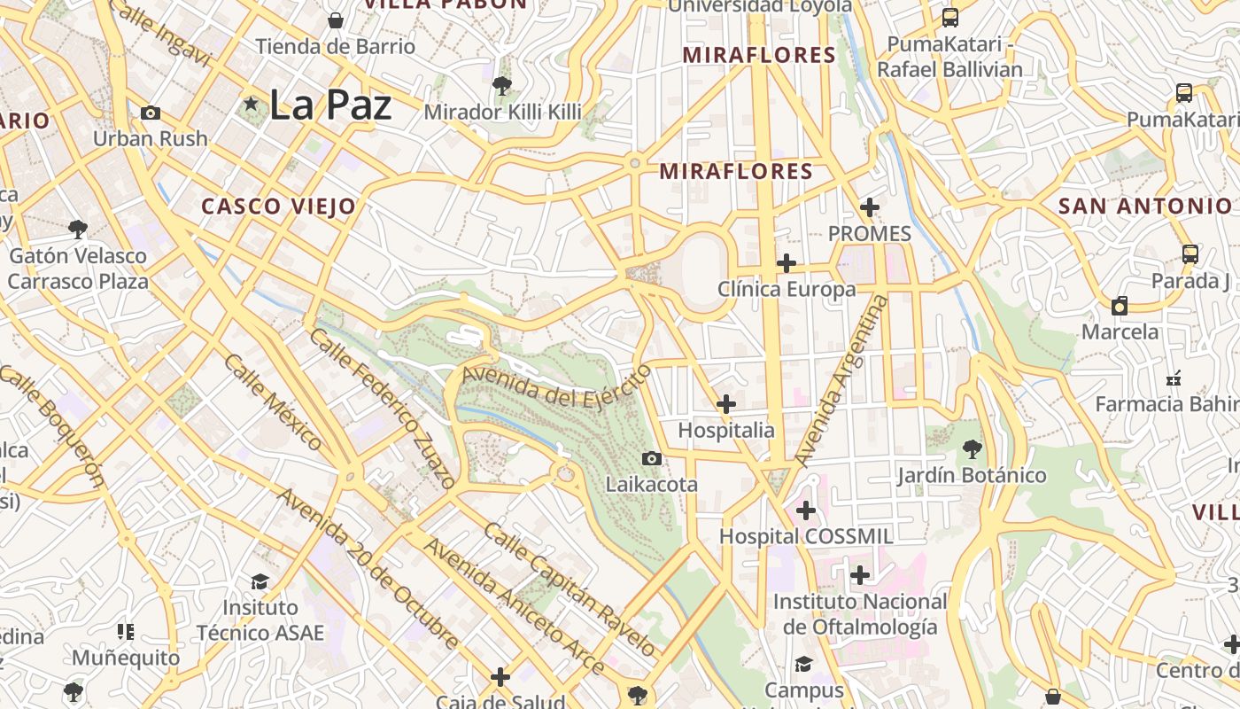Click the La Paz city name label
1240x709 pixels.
click(329, 105)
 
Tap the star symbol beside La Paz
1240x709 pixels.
click(252, 105)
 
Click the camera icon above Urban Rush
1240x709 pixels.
click(151, 113)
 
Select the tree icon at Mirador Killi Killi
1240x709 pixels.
click(502, 86)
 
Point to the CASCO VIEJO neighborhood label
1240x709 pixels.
click(278, 206)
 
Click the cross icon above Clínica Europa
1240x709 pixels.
click(787, 263)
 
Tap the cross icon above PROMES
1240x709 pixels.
click(870, 207)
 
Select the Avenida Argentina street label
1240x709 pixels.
click(841, 381)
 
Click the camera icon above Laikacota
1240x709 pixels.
click(652, 458)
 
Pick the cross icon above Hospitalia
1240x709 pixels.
click(726, 404)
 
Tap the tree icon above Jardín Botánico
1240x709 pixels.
click(972, 448)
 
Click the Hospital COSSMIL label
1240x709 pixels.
click(806, 536)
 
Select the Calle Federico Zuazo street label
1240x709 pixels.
click(383, 408)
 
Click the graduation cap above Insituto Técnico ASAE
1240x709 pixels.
click(260, 581)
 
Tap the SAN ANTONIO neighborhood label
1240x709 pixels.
click(1145, 206)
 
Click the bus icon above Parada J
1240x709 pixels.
click(1190, 254)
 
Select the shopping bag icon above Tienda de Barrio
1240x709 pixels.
click(336, 19)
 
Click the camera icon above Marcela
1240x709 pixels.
click(1120, 306)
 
